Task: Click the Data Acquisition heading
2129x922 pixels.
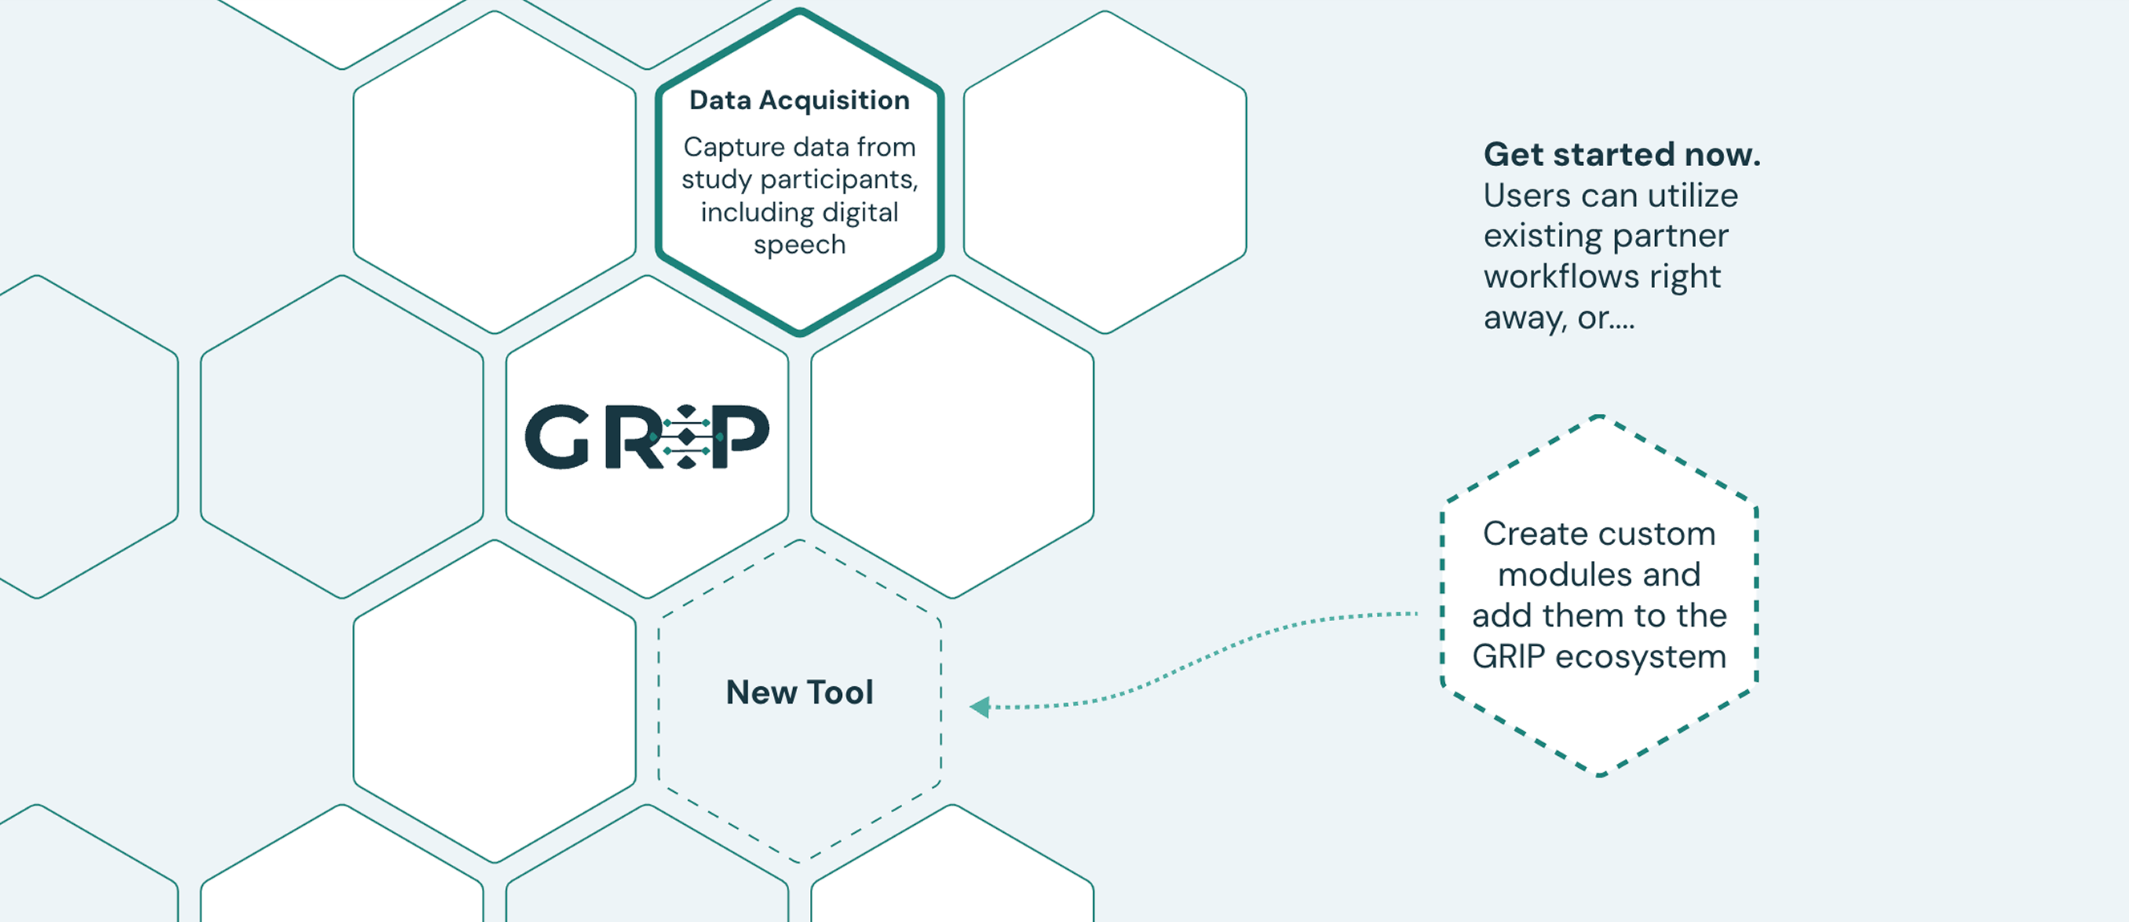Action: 799,100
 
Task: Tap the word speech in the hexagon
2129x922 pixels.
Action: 799,245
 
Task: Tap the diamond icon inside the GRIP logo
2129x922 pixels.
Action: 686,436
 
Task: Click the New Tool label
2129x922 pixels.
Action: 799,693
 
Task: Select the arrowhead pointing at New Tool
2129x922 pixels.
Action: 980,707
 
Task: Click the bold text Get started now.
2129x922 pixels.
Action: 1621,155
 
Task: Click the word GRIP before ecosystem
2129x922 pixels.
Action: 1508,656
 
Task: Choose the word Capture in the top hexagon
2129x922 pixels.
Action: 734,147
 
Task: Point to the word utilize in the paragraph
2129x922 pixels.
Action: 1693,195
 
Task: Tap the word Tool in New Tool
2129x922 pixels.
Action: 840,693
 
